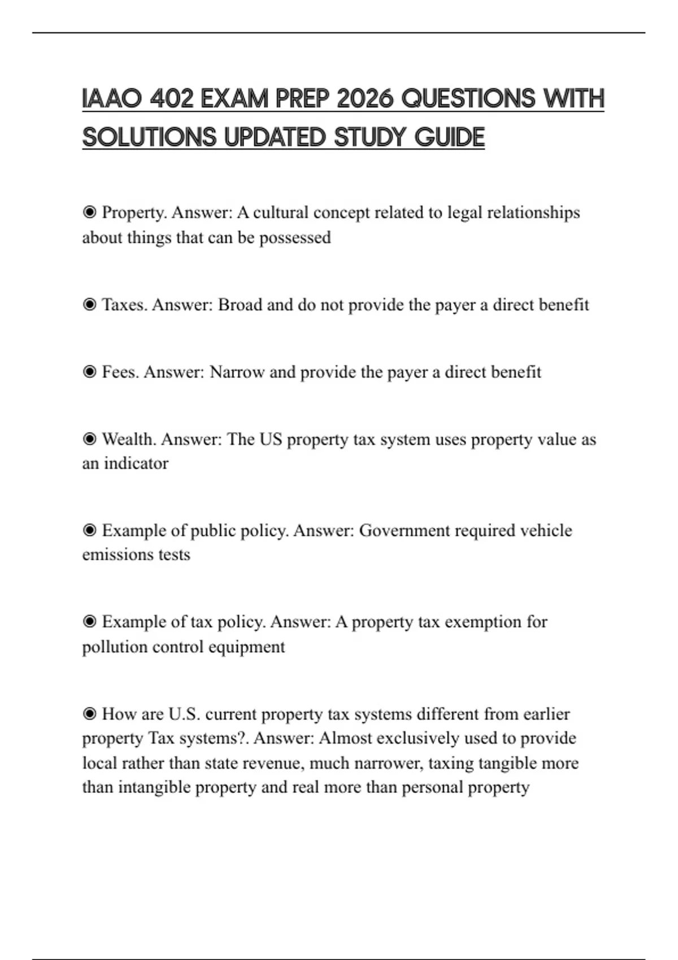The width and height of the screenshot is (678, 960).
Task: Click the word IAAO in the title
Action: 111,99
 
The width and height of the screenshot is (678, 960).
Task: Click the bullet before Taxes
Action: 89,305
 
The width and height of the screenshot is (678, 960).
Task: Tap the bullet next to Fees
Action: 89,372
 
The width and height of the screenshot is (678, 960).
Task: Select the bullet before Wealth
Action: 89,439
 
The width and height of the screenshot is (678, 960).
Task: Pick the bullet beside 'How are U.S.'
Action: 89,714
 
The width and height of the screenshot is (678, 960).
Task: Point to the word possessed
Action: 295,238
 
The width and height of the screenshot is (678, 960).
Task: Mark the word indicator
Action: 136,464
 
